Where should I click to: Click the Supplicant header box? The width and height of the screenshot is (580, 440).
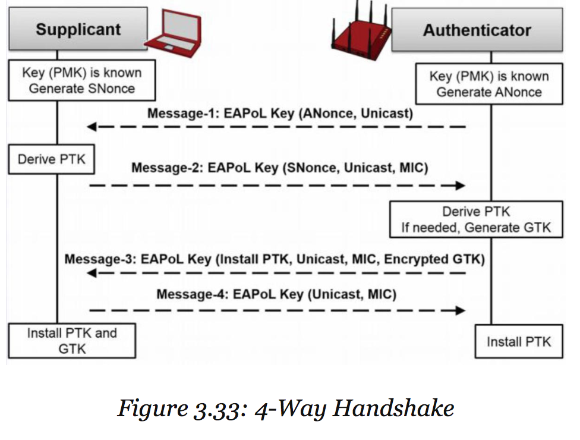pos(78,30)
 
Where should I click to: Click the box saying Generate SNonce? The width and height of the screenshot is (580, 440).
pos(82,81)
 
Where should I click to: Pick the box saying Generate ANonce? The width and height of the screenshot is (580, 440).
pos(488,84)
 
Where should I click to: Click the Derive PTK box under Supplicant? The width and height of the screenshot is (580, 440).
pos(51,159)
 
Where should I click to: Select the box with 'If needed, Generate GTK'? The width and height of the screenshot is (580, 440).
pos(476,219)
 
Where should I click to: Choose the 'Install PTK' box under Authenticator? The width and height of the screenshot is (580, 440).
pos(518,341)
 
